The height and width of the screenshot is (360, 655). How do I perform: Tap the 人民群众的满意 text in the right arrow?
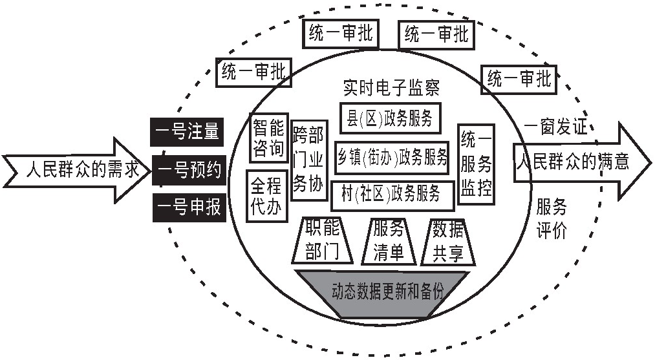tap(572, 160)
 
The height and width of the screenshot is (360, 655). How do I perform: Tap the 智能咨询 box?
tap(268, 138)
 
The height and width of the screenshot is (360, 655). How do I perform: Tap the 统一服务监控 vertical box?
tap(476, 165)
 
